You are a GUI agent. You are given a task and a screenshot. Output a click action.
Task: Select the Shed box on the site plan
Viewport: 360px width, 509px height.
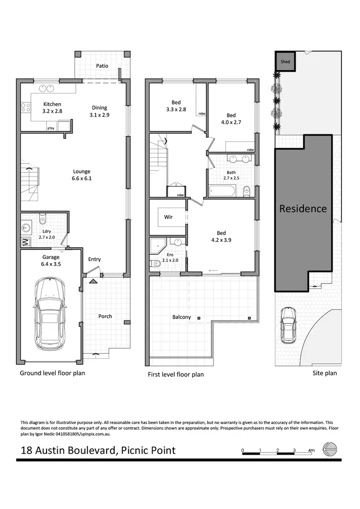tap(285, 62)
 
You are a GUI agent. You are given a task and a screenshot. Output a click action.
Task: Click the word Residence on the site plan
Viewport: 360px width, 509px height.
tap(303, 209)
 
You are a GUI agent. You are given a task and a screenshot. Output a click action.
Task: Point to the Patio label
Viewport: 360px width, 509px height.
tap(102, 66)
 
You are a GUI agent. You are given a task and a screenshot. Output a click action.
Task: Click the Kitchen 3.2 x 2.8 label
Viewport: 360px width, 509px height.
tap(52, 107)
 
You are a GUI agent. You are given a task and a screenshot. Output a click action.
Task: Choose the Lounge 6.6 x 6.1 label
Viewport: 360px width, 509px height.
tap(82, 175)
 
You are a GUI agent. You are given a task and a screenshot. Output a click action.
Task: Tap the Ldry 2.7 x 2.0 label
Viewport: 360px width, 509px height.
tap(47, 234)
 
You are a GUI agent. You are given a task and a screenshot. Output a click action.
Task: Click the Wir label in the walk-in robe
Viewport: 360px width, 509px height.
tap(168, 217)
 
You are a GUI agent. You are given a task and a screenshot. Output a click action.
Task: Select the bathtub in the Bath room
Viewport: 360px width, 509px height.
tap(222, 191)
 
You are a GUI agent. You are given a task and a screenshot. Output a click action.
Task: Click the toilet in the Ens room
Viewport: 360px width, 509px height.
tap(155, 263)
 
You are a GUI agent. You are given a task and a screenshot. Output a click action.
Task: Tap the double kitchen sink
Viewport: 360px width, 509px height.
tap(46, 88)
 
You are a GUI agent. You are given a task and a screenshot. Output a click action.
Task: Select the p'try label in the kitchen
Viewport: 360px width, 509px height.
tap(50, 128)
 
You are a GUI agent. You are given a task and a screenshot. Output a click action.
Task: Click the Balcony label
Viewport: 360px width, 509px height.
tap(181, 317)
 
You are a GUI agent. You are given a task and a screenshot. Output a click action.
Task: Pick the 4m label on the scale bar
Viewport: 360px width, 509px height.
tap(311, 450)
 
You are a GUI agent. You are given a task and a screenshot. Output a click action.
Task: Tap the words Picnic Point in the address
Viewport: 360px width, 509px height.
tap(148, 450)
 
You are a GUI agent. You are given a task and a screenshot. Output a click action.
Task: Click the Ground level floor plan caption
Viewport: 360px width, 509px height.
tap(52, 373)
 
